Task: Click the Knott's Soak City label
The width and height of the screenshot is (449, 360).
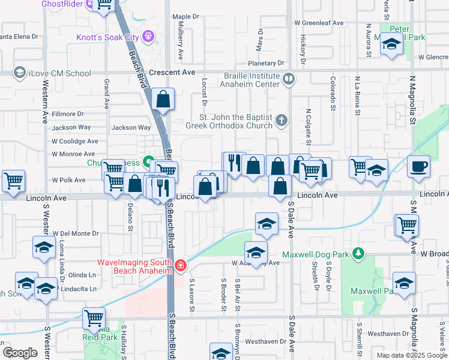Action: coord(107,37)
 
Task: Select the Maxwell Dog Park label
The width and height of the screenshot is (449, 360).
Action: coord(321,254)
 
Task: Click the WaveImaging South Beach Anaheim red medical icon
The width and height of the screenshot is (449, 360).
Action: coord(180,265)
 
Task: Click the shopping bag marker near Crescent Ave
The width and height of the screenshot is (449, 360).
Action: coord(163,99)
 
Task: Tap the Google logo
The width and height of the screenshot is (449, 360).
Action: coord(20,353)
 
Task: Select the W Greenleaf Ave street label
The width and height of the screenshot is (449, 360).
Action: coord(318,23)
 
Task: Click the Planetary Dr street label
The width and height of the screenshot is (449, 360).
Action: coord(266,63)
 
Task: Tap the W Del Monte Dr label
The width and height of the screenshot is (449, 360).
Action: coord(75,233)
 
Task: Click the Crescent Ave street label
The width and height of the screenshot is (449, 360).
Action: coord(173,73)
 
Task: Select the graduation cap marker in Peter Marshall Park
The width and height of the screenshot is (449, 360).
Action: coord(391,44)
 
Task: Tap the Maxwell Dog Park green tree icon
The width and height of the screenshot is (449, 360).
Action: coord(358,254)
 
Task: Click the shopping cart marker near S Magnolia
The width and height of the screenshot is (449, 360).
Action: coord(406,225)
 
